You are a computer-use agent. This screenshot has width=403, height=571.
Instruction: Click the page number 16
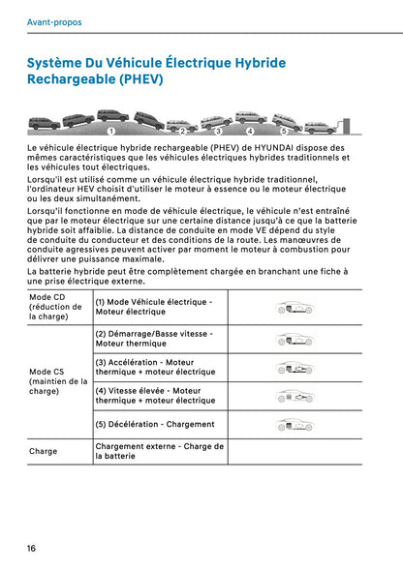32,548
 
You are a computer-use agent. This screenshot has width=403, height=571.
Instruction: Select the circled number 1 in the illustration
111,130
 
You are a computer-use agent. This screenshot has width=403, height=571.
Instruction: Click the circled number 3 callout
219,130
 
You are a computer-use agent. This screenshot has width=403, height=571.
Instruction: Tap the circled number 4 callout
250,130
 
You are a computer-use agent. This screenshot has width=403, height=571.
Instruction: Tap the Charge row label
44,451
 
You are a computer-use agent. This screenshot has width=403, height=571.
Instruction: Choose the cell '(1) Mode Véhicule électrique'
154,307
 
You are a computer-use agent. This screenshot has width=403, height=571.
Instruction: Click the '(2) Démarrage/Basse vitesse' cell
154,339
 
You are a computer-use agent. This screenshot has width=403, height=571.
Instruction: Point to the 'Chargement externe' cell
159,451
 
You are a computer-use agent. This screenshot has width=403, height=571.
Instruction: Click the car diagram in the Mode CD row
294,308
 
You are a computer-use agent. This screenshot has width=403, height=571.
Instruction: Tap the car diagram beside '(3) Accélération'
294,368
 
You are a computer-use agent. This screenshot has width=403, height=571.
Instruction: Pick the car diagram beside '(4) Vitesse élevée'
294,396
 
